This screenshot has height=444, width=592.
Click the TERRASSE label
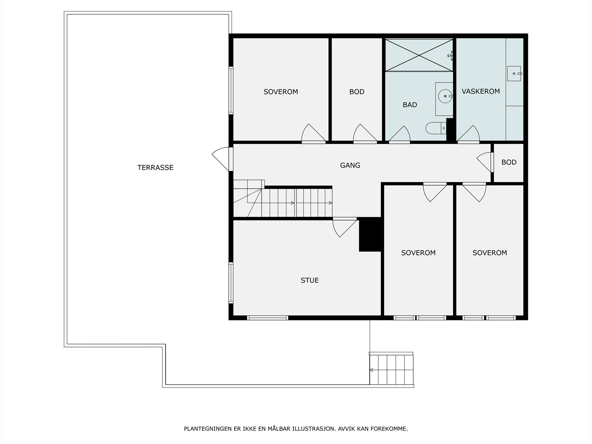coord(155,167)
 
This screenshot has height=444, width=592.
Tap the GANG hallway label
coord(350,165)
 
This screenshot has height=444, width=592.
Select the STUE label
coord(310,280)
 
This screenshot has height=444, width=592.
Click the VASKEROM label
coord(481,91)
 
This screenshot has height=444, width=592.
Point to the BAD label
coord(410,105)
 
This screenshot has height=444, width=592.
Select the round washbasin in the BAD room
coord(445,96)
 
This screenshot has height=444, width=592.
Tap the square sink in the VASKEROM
coord(514,74)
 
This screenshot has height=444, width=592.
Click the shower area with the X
coord(419,55)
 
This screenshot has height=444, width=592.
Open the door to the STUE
coord(345,227)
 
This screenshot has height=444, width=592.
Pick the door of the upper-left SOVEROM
coord(313,134)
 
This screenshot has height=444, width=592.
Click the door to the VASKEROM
coord(468,134)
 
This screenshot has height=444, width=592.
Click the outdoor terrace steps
coord(391,369)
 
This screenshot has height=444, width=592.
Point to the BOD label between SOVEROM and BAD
coord(357,92)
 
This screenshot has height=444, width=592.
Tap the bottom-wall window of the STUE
coord(268,318)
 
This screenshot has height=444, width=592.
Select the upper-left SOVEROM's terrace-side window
coord(231,90)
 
